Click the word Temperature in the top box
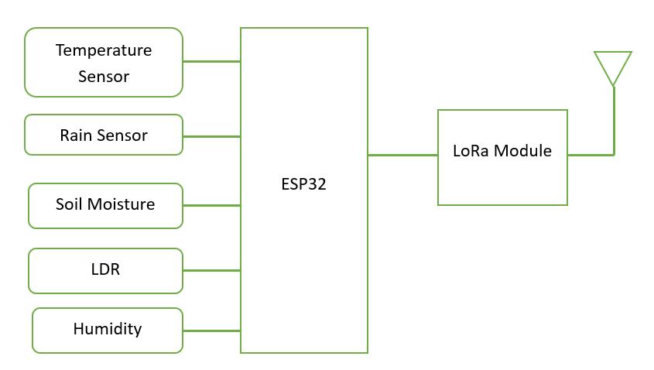tap(104, 50)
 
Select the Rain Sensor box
tap(104, 135)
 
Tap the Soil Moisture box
tap(105, 205)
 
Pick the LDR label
tap(105, 270)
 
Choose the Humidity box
tap(108, 330)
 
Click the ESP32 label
tap(303, 184)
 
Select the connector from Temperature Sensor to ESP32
tap(211, 61)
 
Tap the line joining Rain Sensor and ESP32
tap(211, 136)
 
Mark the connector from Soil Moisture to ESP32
tap(211, 205)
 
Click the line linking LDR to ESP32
tap(211, 270)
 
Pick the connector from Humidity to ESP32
tap(211, 331)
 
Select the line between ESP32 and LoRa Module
tap(402, 155)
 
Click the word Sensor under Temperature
tap(104, 77)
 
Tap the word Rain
tap(76, 135)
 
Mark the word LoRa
tap(471, 150)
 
